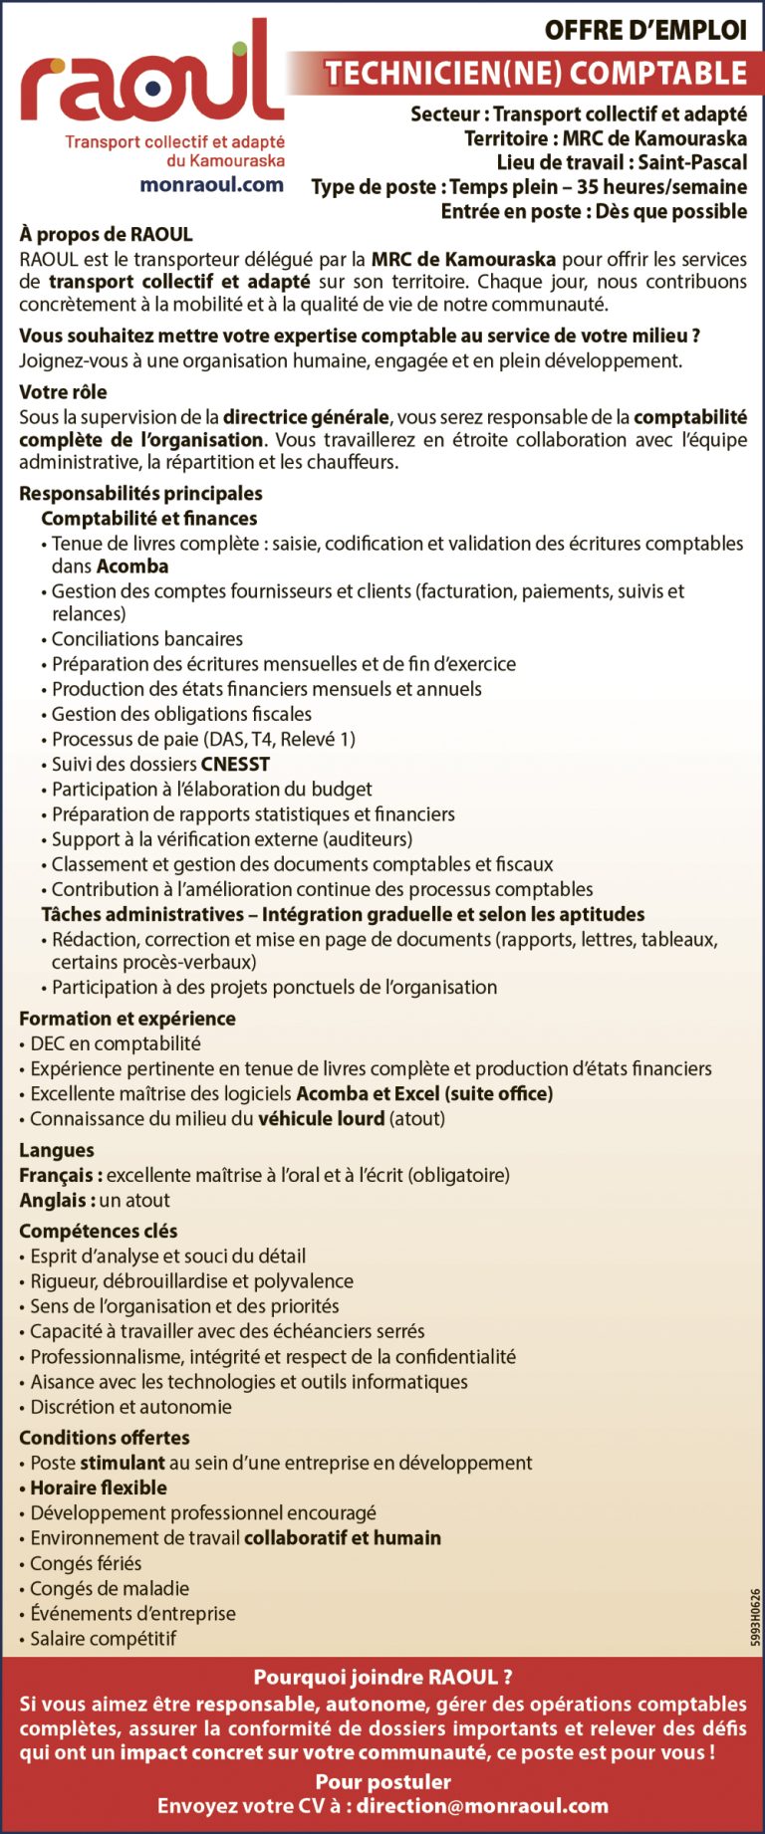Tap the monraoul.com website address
[x=211, y=184]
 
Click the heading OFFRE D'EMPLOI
[x=644, y=31]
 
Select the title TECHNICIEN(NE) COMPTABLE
[x=536, y=73]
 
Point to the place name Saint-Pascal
[x=692, y=162]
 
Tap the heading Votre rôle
[x=63, y=392]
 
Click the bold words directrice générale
[x=306, y=417]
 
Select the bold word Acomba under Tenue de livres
[x=132, y=567]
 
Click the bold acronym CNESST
[x=235, y=765]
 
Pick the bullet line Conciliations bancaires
[x=146, y=639]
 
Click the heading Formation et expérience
[x=127, y=1019]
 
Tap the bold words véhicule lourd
[x=321, y=1119]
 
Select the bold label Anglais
[x=57, y=1201]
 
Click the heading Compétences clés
[x=99, y=1232]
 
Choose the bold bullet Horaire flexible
[x=98, y=1489]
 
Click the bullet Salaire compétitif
[x=103, y=1639]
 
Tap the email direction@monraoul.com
[x=482, y=1806]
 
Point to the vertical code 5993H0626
[x=756, y=1617]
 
